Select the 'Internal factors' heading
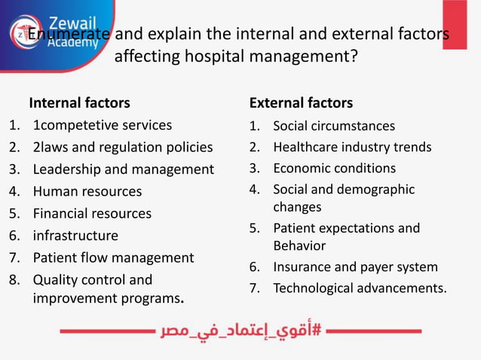pos(79,102)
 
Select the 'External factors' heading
pos(301,102)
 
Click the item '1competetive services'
pos(102,125)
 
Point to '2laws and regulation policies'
pos(122,147)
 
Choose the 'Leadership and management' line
pos(123,169)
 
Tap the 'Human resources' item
pos(87,191)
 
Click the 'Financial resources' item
pos(92,213)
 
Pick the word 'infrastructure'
pos(75,236)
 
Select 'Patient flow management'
pos(113,258)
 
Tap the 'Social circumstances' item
pos(334,126)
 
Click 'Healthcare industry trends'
pos(352,147)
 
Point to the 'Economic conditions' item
pos(334,168)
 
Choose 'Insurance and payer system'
pos(355,267)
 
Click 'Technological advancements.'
pos(360,288)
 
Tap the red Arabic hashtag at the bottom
pos(240,331)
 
